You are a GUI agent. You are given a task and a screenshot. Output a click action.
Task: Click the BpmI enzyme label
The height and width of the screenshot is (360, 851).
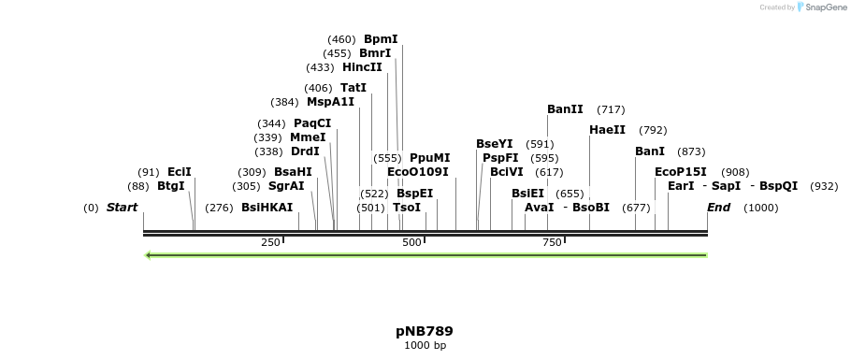click(381, 39)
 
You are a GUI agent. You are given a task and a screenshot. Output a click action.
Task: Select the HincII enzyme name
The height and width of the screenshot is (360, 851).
click(362, 67)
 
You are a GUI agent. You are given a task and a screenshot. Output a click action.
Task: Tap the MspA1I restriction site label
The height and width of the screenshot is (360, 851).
click(330, 102)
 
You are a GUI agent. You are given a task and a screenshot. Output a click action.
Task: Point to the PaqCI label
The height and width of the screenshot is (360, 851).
click(312, 123)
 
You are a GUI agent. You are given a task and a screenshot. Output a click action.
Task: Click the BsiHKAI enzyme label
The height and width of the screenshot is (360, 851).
click(267, 208)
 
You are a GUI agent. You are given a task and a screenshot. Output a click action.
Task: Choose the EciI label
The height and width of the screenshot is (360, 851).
click(179, 172)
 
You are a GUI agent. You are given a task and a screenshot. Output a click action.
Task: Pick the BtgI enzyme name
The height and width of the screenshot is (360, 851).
click(171, 186)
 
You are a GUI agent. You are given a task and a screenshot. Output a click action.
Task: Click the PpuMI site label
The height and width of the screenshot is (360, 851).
click(429, 158)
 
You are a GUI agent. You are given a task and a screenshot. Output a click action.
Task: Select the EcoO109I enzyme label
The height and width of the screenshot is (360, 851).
click(417, 172)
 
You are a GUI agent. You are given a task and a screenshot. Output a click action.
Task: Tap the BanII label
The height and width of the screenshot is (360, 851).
click(565, 109)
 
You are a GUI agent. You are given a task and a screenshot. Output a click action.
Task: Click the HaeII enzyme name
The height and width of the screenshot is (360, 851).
click(607, 130)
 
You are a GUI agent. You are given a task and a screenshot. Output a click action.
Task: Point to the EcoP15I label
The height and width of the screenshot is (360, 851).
click(680, 172)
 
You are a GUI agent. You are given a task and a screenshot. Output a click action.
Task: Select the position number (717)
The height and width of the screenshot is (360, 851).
click(611, 109)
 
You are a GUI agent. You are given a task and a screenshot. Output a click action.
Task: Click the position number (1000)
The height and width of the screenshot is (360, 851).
click(760, 208)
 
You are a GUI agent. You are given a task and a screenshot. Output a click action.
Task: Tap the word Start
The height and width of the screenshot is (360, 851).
click(122, 208)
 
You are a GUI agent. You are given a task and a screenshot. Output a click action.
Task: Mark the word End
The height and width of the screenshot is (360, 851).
click(718, 208)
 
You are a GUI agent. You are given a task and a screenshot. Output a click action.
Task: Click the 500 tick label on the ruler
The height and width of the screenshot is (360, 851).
click(411, 243)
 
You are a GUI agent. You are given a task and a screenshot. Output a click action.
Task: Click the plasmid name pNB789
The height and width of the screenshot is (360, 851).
click(425, 331)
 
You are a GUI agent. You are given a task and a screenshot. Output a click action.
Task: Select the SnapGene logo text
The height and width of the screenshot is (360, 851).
click(822, 7)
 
